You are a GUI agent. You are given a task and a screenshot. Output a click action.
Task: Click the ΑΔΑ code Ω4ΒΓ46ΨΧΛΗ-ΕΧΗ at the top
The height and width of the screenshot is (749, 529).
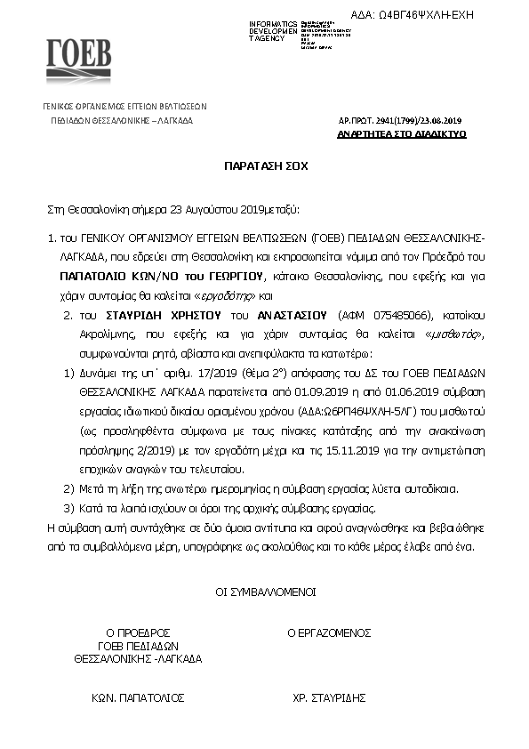click(x=452, y=15)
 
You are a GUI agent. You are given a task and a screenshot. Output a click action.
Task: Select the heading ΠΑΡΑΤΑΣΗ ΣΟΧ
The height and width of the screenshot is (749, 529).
click(x=264, y=165)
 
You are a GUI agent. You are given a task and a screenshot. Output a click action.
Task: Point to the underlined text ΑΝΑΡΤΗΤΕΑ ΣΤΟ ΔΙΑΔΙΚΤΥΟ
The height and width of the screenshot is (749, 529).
click(x=401, y=134)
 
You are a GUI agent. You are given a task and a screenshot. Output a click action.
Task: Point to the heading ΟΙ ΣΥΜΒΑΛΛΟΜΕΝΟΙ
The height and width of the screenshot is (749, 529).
click(x=264, y=591)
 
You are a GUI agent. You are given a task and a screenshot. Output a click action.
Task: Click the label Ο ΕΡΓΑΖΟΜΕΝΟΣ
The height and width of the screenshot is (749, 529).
click(x=328, y=633)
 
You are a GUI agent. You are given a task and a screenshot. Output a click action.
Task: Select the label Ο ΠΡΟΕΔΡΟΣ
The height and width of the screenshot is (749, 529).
click(x=137, y=633)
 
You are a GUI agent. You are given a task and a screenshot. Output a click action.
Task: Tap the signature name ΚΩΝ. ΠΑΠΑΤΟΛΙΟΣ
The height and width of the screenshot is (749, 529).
click(x=137, y=698)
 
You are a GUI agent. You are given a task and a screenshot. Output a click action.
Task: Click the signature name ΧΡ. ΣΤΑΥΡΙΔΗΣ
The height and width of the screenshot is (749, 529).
click(x=328, y=698)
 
